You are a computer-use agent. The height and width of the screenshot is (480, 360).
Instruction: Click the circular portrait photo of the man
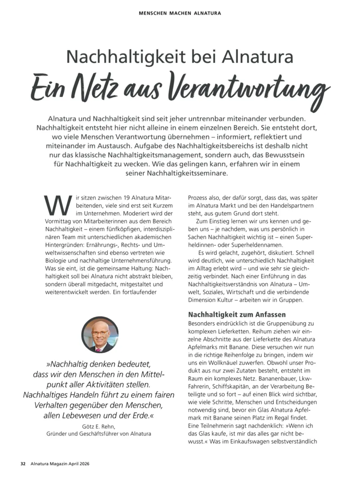pyautogui.click(x=99, y=335)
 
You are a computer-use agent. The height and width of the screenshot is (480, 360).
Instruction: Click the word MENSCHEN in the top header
pyautogui.click(x=153, y=13)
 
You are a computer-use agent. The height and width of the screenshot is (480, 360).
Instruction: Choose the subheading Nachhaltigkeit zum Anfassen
pyautogui.click(x=237, y=314)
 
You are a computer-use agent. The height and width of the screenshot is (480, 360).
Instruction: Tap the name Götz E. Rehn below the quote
pyautogui.click(x=99, y=426)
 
